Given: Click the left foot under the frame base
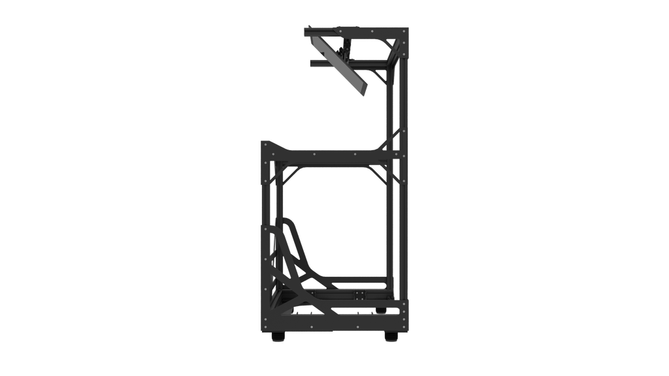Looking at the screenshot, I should (277, 338).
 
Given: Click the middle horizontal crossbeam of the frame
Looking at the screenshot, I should (333, 155).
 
